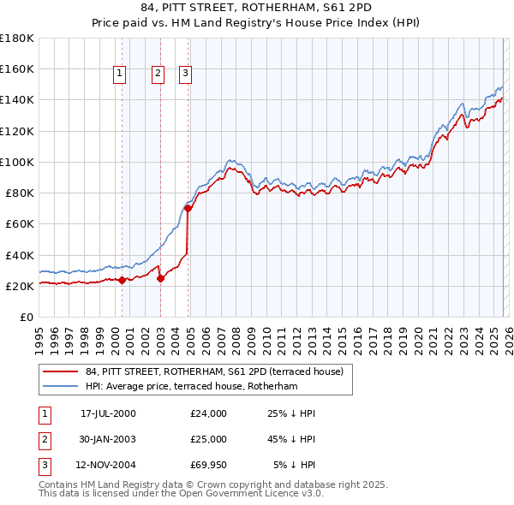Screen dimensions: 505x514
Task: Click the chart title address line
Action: (x=256, y=8)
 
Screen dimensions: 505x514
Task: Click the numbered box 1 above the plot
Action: (x=120, y=74)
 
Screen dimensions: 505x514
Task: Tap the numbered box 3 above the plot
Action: (x=186, y=74)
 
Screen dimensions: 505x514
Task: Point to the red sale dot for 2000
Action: (x=122, y=280)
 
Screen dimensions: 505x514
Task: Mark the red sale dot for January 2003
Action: (x=160, y=278)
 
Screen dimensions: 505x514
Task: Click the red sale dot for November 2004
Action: (x=188, y=208)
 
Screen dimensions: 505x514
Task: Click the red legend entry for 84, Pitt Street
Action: (x=214, y=371)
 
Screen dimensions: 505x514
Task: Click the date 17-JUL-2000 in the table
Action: (x=108, y=413)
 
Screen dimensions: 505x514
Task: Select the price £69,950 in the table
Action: (x=209, y=465)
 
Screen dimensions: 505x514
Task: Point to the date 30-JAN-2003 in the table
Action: (x=108, y=439)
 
